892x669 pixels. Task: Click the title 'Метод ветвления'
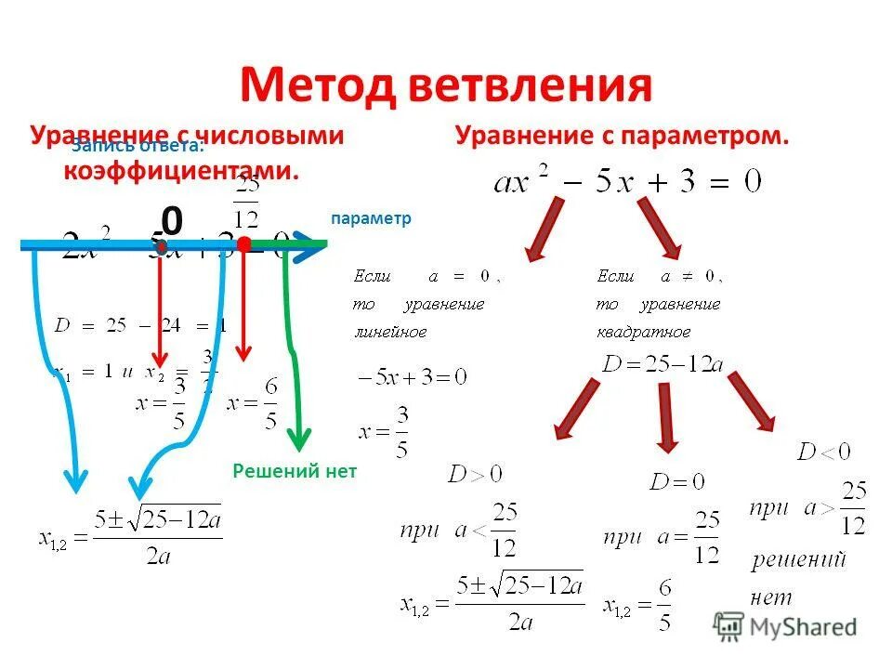446,85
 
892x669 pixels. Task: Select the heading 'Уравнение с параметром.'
622,137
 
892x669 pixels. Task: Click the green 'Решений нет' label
295,471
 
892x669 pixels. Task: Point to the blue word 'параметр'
370,217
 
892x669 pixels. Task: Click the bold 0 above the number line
172,221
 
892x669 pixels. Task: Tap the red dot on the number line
243,244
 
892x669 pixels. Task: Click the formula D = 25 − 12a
662,363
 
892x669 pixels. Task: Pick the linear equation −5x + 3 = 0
412,378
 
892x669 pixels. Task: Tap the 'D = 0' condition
677,481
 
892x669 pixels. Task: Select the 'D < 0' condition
823,453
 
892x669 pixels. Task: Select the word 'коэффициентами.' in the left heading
182,171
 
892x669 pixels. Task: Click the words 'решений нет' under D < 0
797,576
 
